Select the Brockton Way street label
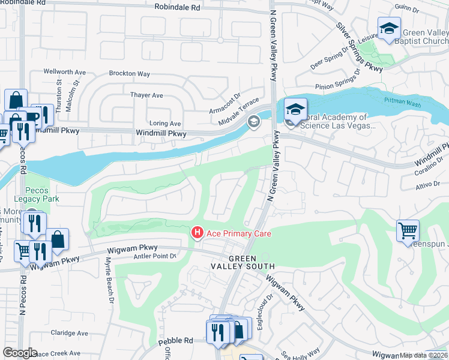click(x=129, y=74)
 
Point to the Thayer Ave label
click(x=147, y=95)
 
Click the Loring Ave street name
click(x=164, y=123)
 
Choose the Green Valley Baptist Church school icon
click(x=389, y=29)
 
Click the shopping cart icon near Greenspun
click(x=408, y=230)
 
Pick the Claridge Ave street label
click(x=69, y=333)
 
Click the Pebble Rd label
click(x=175, y=341)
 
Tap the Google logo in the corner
click(x=20, y=352)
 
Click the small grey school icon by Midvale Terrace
click(x=253, y=122)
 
